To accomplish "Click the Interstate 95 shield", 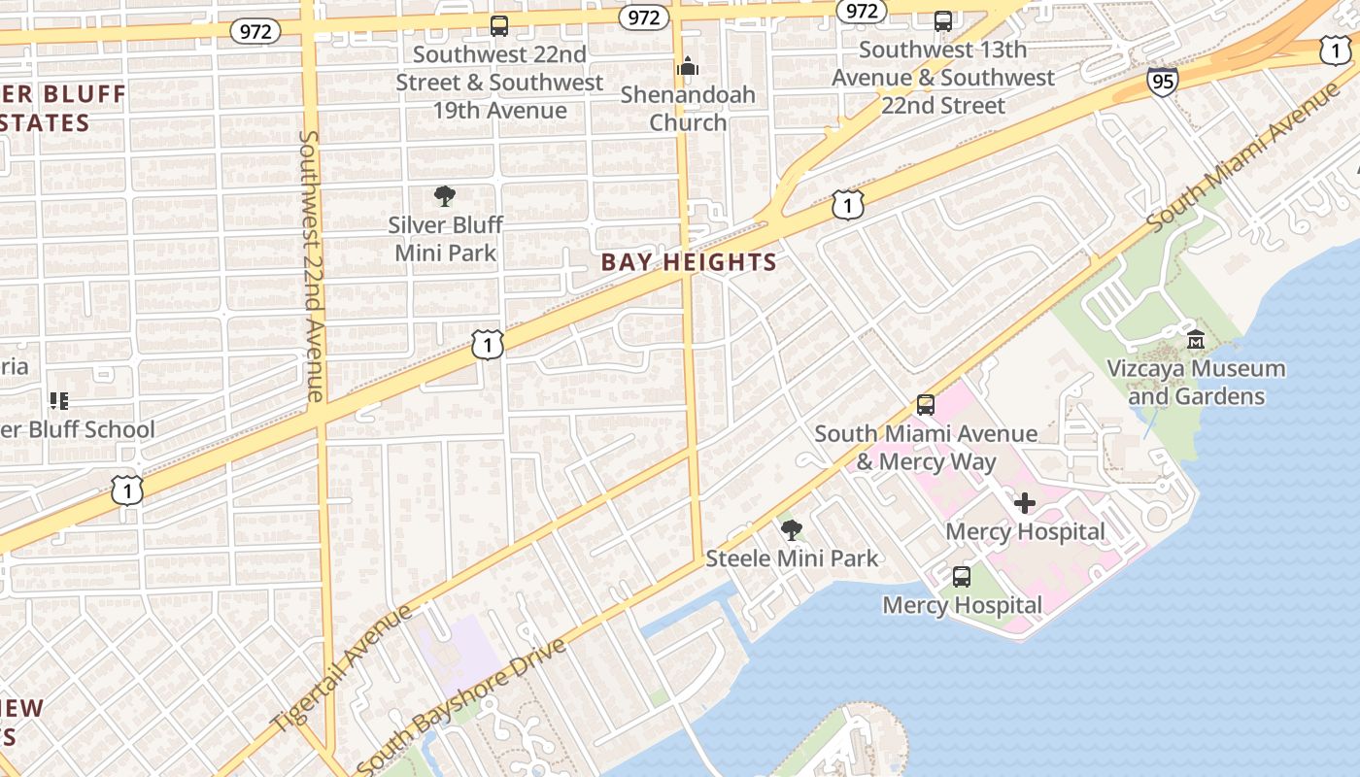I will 1161,81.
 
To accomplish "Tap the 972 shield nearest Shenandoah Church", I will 643,17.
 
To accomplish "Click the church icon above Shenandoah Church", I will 688,66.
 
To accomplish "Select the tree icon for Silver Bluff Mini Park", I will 445,196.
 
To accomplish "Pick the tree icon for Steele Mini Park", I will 792,529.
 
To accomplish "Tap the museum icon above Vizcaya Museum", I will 1196,339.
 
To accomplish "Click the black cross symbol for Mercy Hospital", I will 1025,503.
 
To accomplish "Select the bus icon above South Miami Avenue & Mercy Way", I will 926,404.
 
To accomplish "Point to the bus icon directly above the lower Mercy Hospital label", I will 962,576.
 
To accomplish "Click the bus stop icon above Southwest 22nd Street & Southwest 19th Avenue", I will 499,25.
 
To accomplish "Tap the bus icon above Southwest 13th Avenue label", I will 942,21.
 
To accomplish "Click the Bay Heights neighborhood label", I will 689,262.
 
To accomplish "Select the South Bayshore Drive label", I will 461,706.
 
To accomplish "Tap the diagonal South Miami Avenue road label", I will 1243,157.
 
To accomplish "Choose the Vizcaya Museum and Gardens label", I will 1196,382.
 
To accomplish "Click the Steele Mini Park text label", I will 792,558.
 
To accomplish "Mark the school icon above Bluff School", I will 58,400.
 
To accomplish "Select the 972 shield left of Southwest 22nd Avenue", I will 255,31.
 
